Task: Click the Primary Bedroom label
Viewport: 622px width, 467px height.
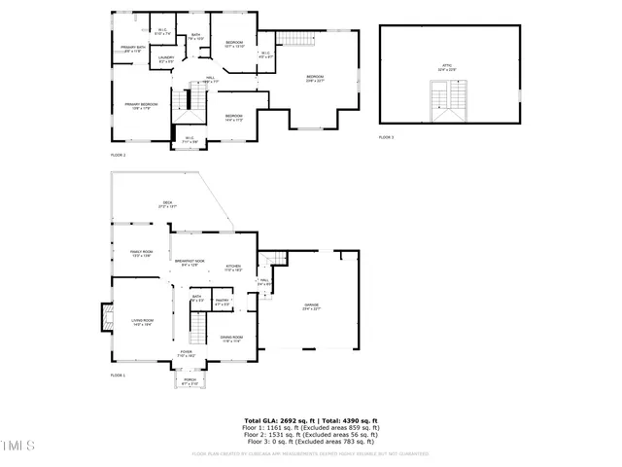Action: tap(141, 105)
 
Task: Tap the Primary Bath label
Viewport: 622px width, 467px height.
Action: tap(133, 49)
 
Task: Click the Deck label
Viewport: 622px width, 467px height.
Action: tap(167, 204)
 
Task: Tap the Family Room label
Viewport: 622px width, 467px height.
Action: tap(142, 253)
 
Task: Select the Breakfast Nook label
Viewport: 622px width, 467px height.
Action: tap(190, 263)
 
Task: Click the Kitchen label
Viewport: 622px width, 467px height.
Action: tap(233, 267)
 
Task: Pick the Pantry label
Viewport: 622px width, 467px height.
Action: tap(222, 302)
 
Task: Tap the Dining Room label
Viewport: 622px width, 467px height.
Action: tap(231, 339)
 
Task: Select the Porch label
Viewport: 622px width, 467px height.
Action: tap(190, 380)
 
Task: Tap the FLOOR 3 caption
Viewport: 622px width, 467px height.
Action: tap(386, 138)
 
